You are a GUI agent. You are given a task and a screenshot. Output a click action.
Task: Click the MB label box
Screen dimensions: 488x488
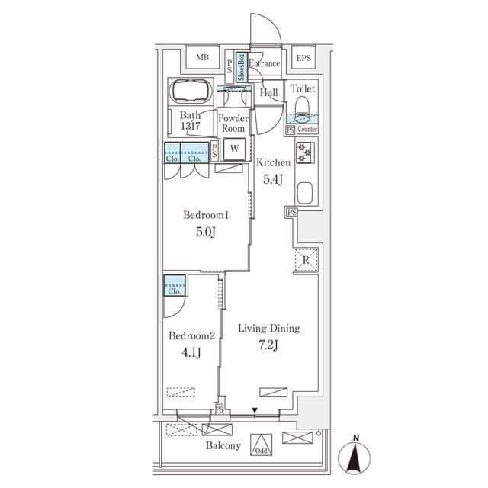203,58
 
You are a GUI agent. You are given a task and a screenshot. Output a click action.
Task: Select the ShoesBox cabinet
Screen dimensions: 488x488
240,67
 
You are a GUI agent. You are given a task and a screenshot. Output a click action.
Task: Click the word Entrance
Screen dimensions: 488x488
264,64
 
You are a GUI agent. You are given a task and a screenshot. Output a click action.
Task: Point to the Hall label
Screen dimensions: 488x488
268,93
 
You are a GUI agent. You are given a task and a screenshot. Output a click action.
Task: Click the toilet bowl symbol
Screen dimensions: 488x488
303,104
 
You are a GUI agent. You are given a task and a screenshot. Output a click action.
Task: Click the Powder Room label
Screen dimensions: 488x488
232,124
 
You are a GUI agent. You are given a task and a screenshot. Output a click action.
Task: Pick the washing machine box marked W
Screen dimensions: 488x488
235,149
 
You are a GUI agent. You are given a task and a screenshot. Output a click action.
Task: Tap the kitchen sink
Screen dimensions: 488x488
304,192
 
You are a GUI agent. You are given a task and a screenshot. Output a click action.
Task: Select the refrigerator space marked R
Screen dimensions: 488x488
305,260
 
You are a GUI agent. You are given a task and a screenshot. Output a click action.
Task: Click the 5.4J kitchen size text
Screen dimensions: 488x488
272,180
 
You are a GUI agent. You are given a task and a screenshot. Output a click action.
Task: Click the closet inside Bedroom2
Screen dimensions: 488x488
174,288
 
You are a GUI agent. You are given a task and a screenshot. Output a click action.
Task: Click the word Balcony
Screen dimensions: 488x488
222,446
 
